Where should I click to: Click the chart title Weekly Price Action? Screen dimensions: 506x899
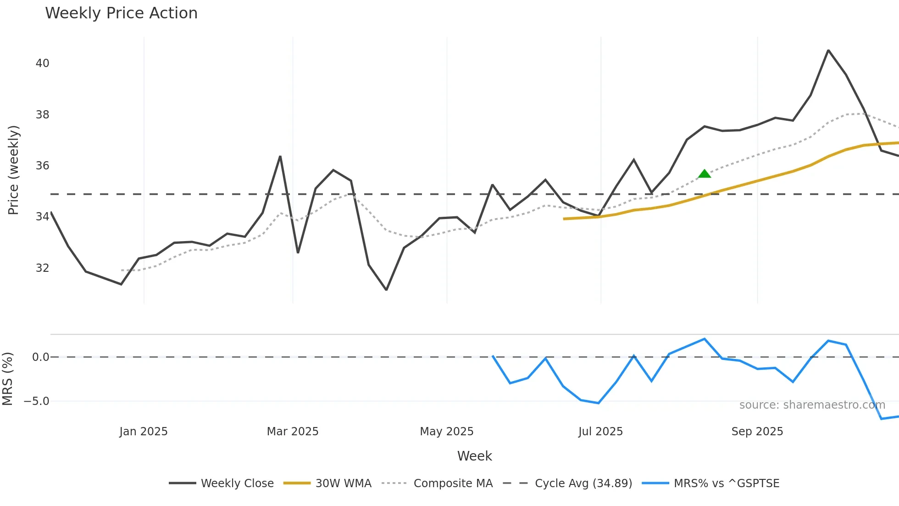click(121, 13)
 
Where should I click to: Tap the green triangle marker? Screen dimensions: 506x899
click(705, 174)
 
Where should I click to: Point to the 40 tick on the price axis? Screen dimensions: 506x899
click(42, 63)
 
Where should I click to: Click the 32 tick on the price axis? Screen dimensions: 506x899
click(42, 268)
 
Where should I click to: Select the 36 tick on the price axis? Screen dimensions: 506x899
click(42, 166)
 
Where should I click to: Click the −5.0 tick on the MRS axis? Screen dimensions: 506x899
click(36, 401)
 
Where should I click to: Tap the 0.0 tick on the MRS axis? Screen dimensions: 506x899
click(40, 357)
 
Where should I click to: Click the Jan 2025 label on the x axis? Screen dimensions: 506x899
click(143, 432)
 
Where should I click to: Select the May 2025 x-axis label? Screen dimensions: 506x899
click(446, 432)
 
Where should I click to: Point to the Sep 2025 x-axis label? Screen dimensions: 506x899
click(757, 432)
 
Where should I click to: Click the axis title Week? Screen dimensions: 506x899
click(474, 456)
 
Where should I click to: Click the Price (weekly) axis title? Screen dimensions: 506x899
click(13, 170)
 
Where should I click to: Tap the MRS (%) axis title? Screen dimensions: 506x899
click(7, 379)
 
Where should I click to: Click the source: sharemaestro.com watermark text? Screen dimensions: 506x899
click(812, 405)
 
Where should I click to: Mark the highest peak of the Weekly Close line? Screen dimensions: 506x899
click(828, 50)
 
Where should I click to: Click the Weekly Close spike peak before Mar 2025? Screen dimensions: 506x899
click(280, 157)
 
